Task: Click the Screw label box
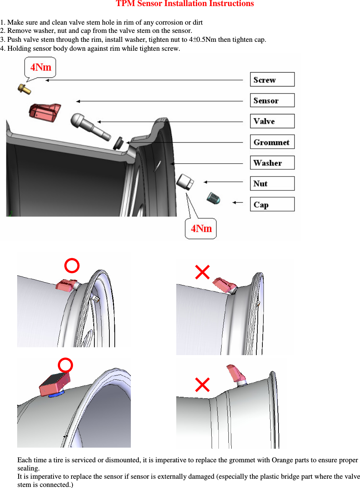(x=272, y=80)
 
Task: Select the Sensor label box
(x=272, y=100)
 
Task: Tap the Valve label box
(x=272, y=121)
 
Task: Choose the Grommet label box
(x=272, y=142)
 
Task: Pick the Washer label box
(x=272, y=163)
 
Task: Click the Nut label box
(x=272, y=184)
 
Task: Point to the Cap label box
(x=272, y=204)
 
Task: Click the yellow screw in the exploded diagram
(x=24, y=89)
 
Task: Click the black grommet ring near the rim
(x=118, y=143)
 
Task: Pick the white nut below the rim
(x=185, y=182)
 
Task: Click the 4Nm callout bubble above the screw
(x=40, y=67)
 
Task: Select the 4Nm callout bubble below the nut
(x=201, y=229)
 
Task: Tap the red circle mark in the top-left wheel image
(x=72, y=266)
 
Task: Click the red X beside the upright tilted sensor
(x=202, y=385)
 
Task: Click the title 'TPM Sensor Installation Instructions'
(x=184, y=4)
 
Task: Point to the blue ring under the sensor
(x=56, y=394)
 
